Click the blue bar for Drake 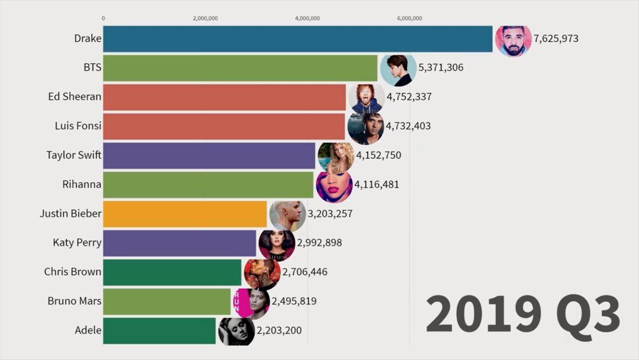[296, 39]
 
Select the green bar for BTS [240, 68]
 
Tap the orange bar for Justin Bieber [185, 214]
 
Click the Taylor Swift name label [74, 155]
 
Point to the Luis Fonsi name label [77, 126]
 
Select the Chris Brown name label [73, 272]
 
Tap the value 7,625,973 [556, 39]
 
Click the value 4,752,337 [409, 97]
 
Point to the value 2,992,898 [319, 243]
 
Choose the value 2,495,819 [294, 301]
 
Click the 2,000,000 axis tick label [205, 18]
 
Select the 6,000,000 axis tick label [409, 18]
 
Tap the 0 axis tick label [104, 18]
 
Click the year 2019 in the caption [482, 313]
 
